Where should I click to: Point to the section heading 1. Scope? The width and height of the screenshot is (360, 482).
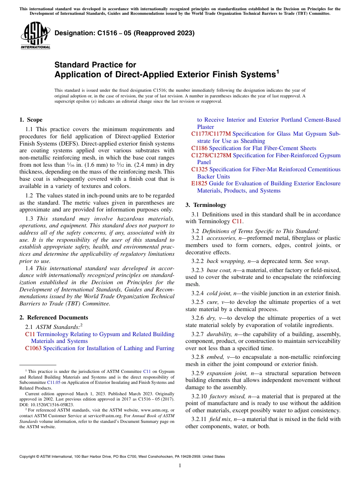point(31,120)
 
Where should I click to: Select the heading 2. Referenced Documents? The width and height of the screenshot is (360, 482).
point(53,318)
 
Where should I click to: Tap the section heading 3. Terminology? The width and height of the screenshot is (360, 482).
point(206,205)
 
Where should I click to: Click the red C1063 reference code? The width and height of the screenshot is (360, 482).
point(33,348)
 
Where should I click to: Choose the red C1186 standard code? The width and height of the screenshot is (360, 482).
point(199,148)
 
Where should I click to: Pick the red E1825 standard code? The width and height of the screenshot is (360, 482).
point(199,183)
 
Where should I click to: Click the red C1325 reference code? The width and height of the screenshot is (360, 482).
point(199,169)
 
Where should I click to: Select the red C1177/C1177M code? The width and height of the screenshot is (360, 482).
point(211,134)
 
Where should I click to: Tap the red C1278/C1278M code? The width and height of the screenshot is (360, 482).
point(211,155)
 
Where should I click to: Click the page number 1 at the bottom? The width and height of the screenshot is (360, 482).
point(180,465)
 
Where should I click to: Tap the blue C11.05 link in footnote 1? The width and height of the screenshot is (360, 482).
point(53,383)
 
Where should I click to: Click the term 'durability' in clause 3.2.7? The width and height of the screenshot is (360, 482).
point(219,334)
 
